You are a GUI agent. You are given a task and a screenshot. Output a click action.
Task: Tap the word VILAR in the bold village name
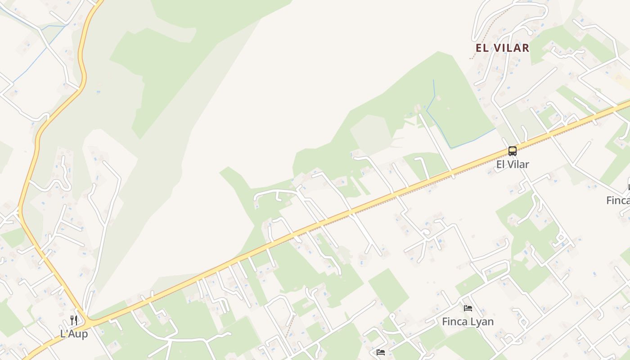click(x=511, y=48)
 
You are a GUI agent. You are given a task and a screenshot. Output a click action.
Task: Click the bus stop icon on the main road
click(x=513, y=151)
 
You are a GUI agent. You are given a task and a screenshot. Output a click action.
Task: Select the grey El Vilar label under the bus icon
click(x=513, y=164)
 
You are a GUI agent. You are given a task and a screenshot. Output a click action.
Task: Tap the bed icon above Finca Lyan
click(x=468, y=308)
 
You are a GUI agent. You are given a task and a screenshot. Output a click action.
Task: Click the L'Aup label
click(x=74, y=334)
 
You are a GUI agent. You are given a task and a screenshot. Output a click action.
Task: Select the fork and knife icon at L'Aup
click(x=74, y=320)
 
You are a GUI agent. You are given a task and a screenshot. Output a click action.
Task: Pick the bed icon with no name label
click(x=381, y=352)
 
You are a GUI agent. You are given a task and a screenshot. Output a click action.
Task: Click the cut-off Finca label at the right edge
click(x=618, y=200)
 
